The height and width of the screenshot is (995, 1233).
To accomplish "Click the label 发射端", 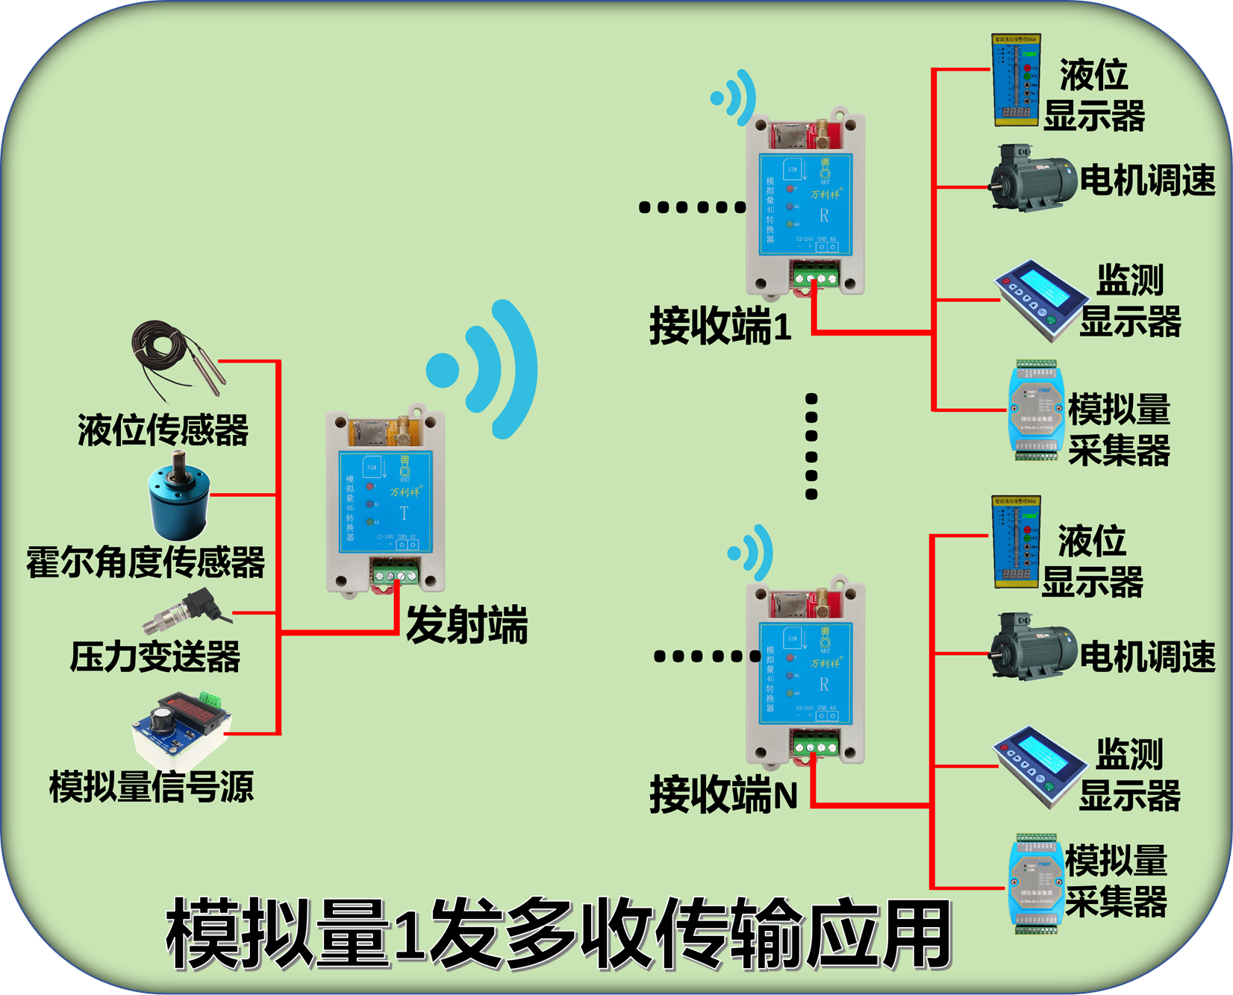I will (466, 625).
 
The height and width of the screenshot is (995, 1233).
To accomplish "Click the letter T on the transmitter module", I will (404, 513).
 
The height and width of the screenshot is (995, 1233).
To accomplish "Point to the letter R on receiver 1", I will (824, 216).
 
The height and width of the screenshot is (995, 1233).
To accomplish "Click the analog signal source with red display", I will (183, 727).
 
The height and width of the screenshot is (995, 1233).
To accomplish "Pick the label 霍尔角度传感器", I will (146, 562).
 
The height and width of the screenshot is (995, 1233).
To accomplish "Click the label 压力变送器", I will (155, 657).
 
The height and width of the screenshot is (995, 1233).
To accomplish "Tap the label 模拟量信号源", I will (152, 787).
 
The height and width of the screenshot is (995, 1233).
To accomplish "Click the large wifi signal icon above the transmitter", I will (486, 369).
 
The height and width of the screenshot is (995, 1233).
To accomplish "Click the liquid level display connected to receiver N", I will (1016, 543).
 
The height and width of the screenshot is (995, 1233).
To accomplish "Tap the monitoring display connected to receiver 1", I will (1040, 299).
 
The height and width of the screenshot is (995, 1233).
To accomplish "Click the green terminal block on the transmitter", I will (395, 576).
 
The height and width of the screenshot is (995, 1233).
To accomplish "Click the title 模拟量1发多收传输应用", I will (558, 935).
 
